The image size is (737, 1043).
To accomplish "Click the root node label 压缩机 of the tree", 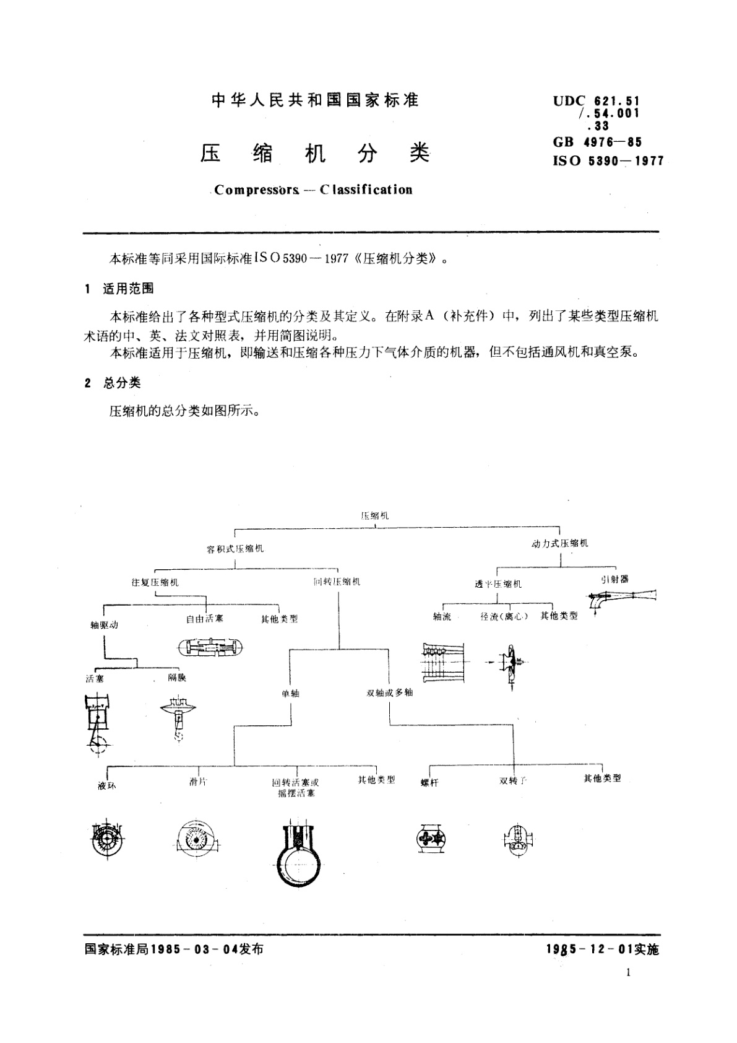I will [x=375, y=515].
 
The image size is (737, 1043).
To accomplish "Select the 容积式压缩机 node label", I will [x=235, y=549].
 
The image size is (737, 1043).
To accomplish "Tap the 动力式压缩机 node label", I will [x=560, y=543].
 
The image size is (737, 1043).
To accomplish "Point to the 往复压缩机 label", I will [x=155, y=582].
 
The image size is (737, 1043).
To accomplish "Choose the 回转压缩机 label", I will [x=337, y=582].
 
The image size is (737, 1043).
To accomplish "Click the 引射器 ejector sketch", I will [x=621, y=599].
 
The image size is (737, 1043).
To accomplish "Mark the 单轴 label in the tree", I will [x=290, y=693].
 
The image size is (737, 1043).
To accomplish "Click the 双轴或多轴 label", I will [x=389, y=692].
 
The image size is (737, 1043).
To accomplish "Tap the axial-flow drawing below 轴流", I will [x=442, y=663].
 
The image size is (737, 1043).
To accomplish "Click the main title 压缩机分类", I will [x=315, y=154].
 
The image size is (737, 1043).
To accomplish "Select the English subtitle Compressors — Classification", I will [x=313, y=190].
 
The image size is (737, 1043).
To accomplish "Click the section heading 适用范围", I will [x=128, y=289].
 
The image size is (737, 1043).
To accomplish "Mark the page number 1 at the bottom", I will [x=628, y=972].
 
